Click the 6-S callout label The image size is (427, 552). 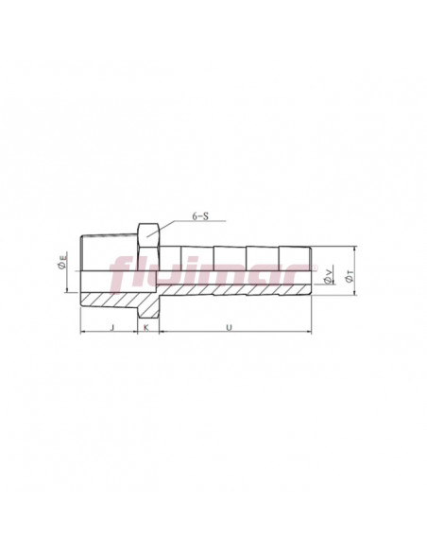click(x=200, y=216)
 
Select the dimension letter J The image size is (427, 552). click(x=112, y=327)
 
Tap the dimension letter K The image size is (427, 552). click(x=146, y=327)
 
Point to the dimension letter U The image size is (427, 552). click(x=229, y=327)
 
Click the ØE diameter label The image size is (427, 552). click(x=62, y=262)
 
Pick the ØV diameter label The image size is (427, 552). click(x=328, y=276)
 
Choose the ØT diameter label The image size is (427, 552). click(x=349, y=276)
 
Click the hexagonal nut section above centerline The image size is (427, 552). click(x=148, y=247)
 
